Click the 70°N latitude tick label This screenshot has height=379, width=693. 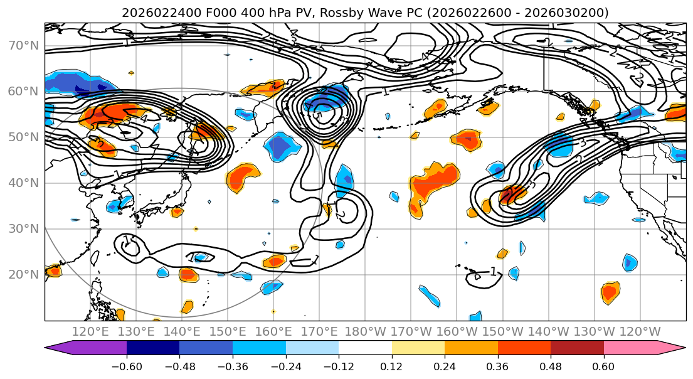pyautogui.click(x=23, y=45)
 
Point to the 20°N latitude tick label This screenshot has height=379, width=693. pyautogui.click(x=23, y=274)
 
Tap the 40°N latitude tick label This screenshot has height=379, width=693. pyautogui.click(x=23, y=183)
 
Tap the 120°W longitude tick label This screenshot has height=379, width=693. pyautogui.click(x=640, y=331)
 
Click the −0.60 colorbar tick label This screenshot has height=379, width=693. pyautogui.click(x=127, y=365)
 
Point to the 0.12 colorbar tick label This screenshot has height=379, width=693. pyautogui.click(x=391, y=365)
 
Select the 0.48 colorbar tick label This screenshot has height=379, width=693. pyautogui.click(x=551, y=365)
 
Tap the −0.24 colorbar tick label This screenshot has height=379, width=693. pyautogui.click(x=285, y=365)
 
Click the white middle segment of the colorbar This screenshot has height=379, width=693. pyautogui.click(x=365, y=348)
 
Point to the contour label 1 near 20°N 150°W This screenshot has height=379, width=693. pyautogui.click(x=493, y=272)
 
